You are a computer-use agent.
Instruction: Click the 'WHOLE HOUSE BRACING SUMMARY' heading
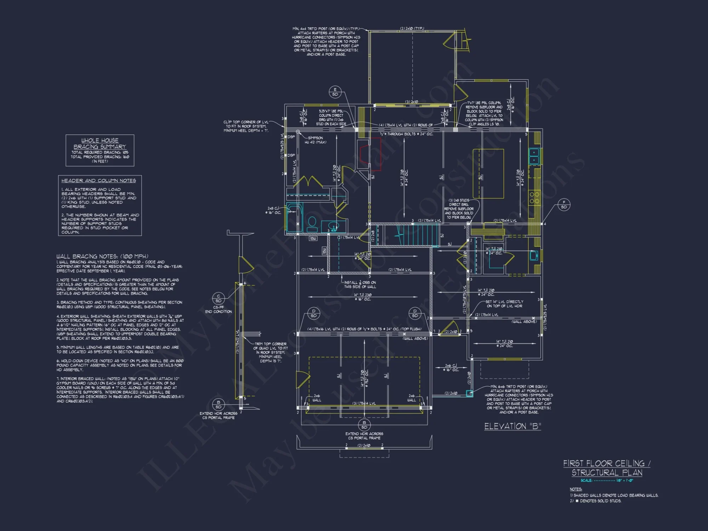pos(100,143)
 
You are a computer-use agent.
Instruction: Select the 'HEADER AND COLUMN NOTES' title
pos(98,181)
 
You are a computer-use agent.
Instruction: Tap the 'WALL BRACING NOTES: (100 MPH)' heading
pos(102,256)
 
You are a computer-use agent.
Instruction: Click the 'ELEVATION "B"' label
pos(513,426)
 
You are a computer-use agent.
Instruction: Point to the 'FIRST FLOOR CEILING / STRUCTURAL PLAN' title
pos(607,468)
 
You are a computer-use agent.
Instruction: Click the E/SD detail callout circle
pos(335,92)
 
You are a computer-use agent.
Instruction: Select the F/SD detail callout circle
pos(564,205)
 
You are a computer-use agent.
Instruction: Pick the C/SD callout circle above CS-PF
pos(218,298)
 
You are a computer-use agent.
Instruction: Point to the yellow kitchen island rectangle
pos(488,173)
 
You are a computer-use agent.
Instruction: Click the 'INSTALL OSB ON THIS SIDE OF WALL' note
pos(360,285)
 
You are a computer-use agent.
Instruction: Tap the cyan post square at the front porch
pos(469,393)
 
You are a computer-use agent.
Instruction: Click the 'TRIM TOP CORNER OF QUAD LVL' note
pos(270,352)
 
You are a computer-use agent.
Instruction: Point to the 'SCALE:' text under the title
pos(586,480)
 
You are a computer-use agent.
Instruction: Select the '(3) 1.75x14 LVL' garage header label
pos(364,403)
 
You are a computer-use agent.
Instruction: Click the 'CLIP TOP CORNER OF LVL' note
pos(246,126)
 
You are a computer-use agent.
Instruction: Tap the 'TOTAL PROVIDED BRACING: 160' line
pos(100,157)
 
